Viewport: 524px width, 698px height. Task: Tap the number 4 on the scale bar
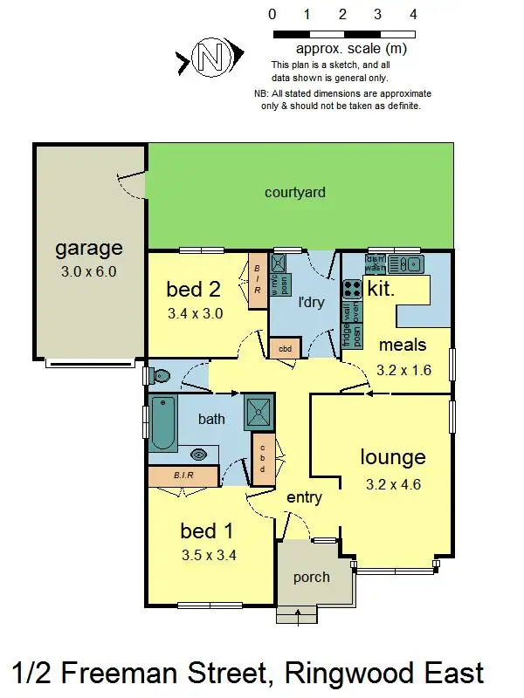(x=413, y=15)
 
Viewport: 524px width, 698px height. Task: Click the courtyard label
(x=295, y=192)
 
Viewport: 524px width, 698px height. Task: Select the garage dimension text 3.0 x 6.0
(x=88, y=271)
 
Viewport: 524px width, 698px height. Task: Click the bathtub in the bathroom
(x=163, y=424)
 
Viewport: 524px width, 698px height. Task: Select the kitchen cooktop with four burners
(x=352, y=288)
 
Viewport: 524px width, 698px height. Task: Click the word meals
(x=403, y=346)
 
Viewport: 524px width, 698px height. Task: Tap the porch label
(x=311, y=577)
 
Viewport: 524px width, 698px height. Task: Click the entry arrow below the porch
(x=300, y=617)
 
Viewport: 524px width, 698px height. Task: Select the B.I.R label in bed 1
(x=183, y=476)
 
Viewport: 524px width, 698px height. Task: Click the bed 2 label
(x=193, y=290)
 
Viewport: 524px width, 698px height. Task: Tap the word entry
(x=304, y=498)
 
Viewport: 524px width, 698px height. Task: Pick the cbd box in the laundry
(x=285, y=348)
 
